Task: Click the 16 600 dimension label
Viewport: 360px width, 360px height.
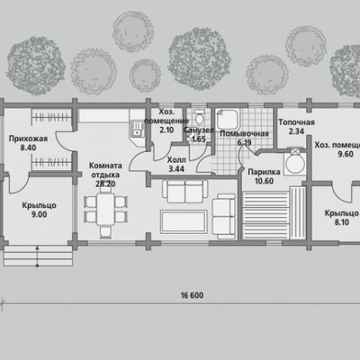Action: point(192,295)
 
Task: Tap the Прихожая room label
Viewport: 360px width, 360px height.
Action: point(28,139)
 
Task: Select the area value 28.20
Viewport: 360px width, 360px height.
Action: point(105,184)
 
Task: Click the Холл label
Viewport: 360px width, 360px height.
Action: point(176,160)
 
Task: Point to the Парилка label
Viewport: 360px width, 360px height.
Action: point(264,172)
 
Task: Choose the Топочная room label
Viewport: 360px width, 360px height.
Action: point(296,122)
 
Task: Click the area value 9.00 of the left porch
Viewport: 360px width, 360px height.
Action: point(39,214)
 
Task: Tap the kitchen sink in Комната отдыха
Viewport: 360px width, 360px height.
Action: point(137,129)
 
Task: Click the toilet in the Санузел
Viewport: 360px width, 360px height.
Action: point(199,118)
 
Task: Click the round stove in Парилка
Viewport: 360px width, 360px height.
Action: point(294,164)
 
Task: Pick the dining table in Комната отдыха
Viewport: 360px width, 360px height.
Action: point(105,209)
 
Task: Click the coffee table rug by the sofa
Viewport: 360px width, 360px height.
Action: point(184,221)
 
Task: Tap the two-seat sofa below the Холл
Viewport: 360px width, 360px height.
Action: point(184,192)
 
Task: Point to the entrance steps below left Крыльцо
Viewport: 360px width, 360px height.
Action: point(38,256)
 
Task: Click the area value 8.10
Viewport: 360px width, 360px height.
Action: point(341,222)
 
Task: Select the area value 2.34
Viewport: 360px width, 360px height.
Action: point(296,131)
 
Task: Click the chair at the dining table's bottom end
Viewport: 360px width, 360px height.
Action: point(105,232)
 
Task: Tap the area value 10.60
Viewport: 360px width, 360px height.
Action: point(264,181)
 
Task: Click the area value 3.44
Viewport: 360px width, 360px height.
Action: point(176,169)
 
